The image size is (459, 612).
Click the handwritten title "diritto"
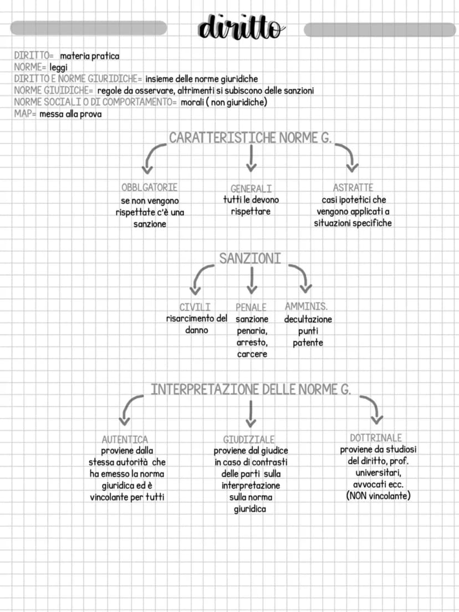point(241,27)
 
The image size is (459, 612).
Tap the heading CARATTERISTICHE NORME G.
point(250,138)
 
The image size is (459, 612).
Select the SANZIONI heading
point(250,259)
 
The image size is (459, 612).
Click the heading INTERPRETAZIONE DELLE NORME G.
point(251,390)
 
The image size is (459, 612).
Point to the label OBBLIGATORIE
point(149,188)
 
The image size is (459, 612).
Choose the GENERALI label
point(251,189)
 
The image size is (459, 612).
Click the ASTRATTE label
point(353,188)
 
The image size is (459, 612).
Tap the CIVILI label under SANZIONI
point(195,307)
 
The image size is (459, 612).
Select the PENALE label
point(251,307)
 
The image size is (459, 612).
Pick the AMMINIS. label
point(307,306)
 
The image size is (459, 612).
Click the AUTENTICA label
point(125,439)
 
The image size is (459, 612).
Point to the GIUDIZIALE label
point(249,439)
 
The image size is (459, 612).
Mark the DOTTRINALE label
point(376,438)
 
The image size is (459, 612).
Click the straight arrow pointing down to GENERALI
point(251,159)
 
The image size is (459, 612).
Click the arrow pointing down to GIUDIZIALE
point(251,414)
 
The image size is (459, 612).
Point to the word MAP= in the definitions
point(25,114)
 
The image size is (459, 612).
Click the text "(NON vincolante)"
point(378,496)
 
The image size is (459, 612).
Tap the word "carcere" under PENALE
point(252,354)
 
